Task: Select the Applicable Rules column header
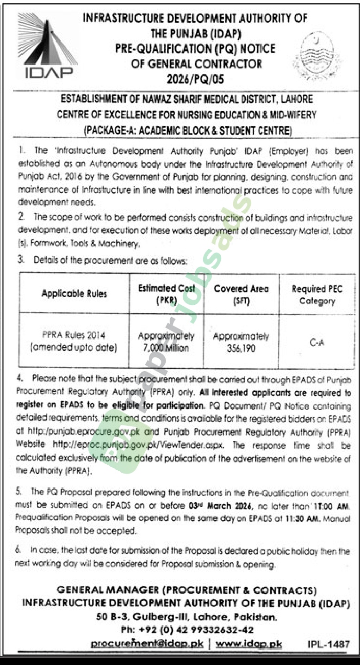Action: coord(74,293)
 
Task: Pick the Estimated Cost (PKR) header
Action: coord(167,294)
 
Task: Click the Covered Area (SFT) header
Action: coord(241,294)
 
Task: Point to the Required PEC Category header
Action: coord(317,295)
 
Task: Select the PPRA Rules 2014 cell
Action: coord(74,341)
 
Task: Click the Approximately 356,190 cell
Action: coord(241,341)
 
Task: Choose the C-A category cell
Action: coord(317,342)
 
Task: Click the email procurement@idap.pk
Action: coord(147,644)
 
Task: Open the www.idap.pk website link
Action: coord(248,644)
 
